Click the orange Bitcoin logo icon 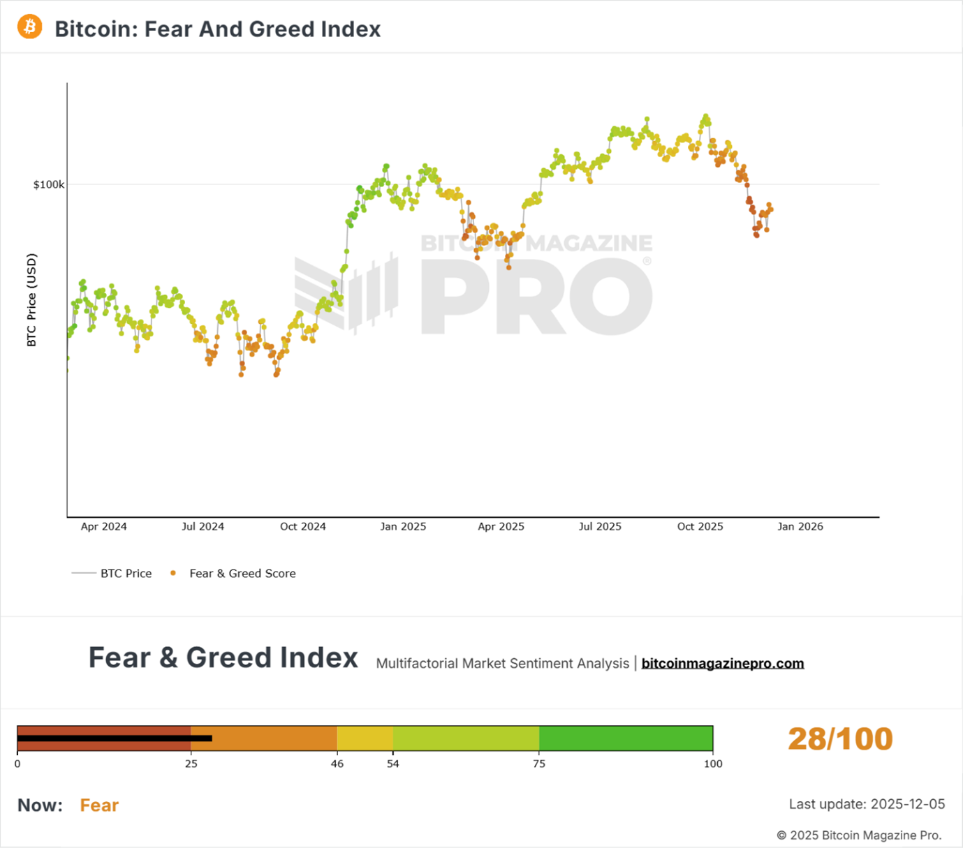coord(29,27)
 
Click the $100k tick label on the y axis coord(49,185)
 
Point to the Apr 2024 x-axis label coord(104,527)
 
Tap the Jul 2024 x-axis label coord(203,527)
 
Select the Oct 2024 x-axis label coord(303,527)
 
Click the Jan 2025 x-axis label coord(403,527)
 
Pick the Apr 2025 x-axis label coord(501,527)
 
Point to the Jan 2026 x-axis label coord(800,527)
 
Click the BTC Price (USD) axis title coord(31,300)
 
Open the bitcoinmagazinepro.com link coord(723,664)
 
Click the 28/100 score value coord(840,739)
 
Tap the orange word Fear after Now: coord(99,805)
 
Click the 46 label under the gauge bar coord(337,764)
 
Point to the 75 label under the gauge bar coord(539,764)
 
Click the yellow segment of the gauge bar coord(365,738)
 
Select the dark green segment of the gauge coord(626,738)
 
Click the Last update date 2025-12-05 coord(906,805)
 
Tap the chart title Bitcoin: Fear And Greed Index coord(218,29)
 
